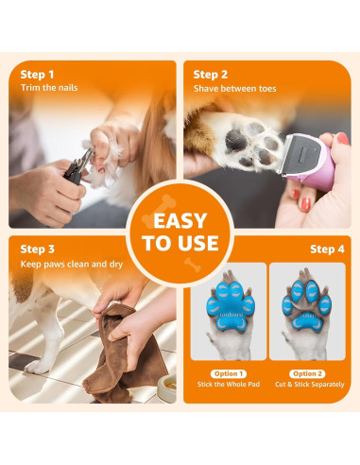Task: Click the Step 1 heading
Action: tap(38, 74)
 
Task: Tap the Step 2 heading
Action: tap(211, 74)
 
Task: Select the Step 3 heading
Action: tap(38, 248)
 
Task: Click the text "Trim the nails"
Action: tap(49, 88)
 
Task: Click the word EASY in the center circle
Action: tap(180, 221)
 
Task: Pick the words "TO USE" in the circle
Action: tap(180, 244)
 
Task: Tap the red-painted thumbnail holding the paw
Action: tap(307, 201)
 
